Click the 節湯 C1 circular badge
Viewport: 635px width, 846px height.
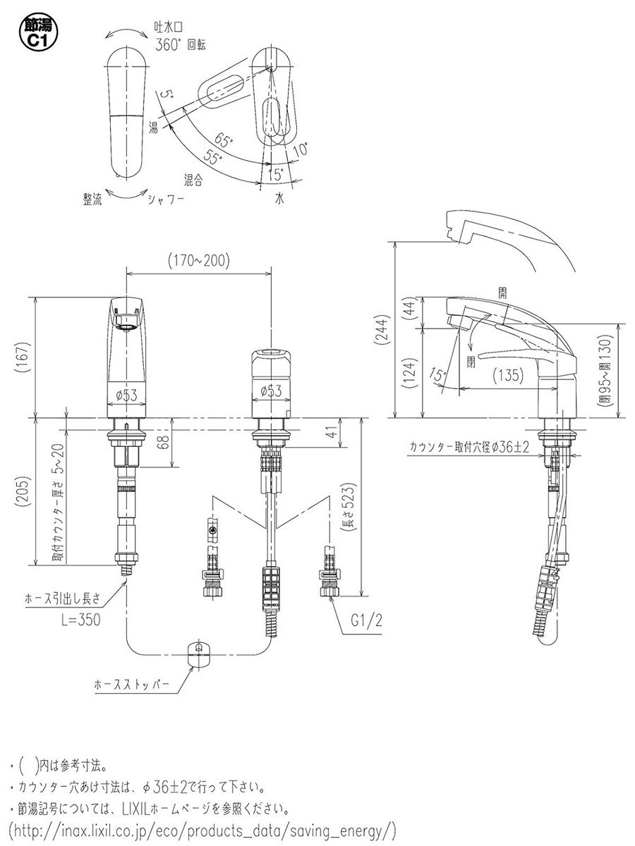(x=38, y=32)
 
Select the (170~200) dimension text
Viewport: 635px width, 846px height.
(x=198, y=261)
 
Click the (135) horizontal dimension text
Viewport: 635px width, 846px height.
(x=509, y=374)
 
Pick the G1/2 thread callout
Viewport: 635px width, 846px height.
(x=367, y=620)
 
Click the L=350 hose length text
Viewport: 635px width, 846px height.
(x=81, y=620)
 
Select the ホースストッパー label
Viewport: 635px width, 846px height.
(x=132, y=685)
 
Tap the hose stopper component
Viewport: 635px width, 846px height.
(x=199, y=654)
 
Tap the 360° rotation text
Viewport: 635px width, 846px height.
(x=180, y=44)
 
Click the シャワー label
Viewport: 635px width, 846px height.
(x=167, y=200)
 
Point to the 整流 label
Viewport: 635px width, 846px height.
(x=92, y=199)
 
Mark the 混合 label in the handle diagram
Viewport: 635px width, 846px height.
(x=193, y=180)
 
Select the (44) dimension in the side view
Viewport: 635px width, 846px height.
(x=410, y=308)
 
